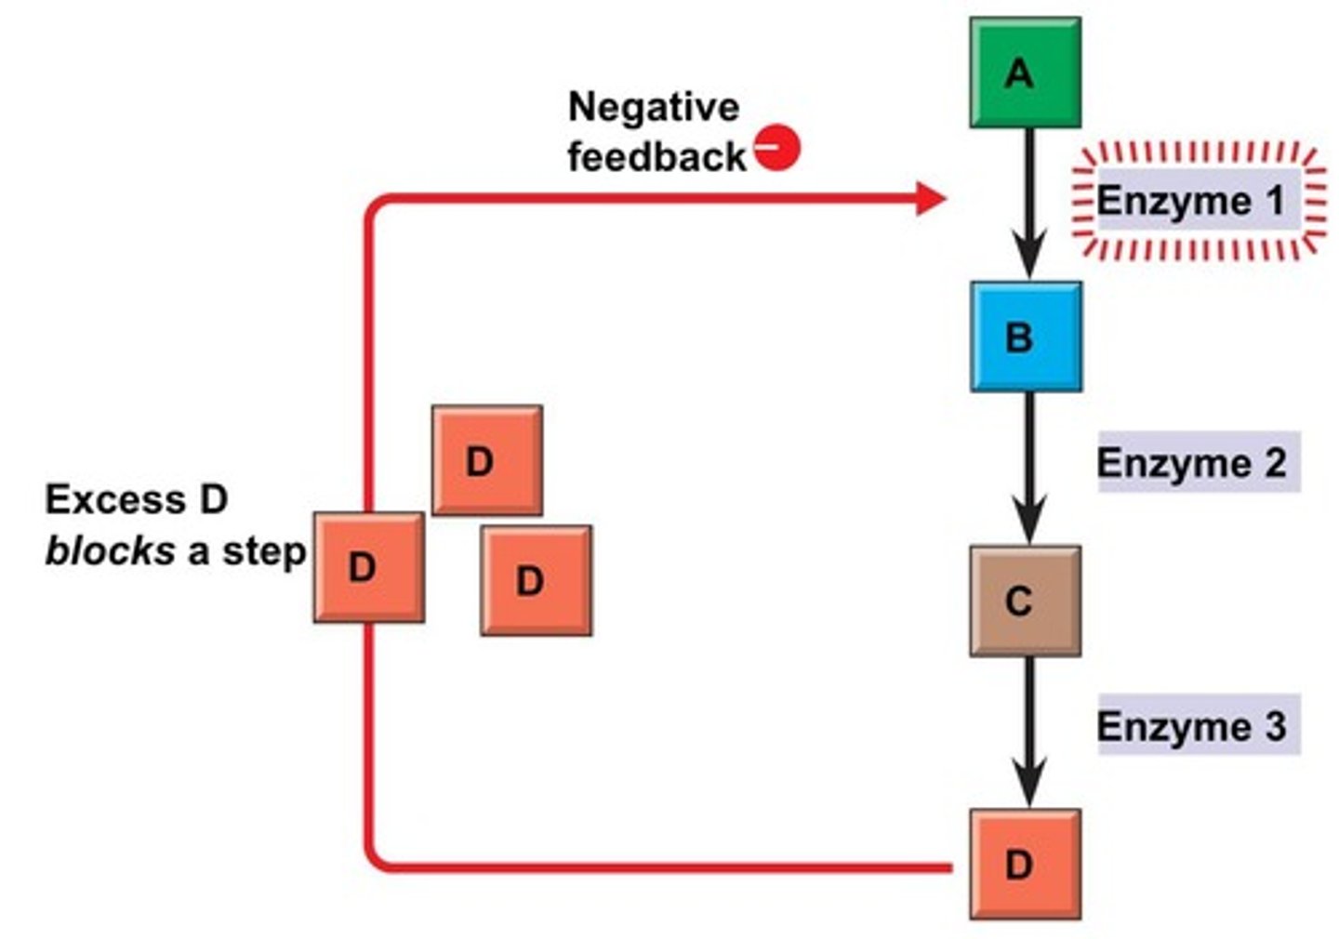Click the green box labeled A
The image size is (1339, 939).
[x=1025, y=73]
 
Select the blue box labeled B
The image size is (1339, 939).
[x=1026, y=337]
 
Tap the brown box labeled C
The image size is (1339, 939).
[x=1025, y=601]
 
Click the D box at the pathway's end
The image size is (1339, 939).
[x=1025, y=864]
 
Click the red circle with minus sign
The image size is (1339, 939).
[x=776, y=147]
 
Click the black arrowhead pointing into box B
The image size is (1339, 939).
[x=1028, y=258]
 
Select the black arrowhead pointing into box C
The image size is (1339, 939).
[x=1028, y=522]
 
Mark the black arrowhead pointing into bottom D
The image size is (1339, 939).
[x=1028, y=787]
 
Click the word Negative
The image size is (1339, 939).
[x=653, y=107]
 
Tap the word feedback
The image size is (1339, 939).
[x=656, y=156]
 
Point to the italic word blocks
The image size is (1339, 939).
[x=110, y=551]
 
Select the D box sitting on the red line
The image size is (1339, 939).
[x=368, y=567]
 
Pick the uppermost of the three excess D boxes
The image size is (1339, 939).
[x=486, y=460]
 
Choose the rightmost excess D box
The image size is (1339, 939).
[x=536, y=580]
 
